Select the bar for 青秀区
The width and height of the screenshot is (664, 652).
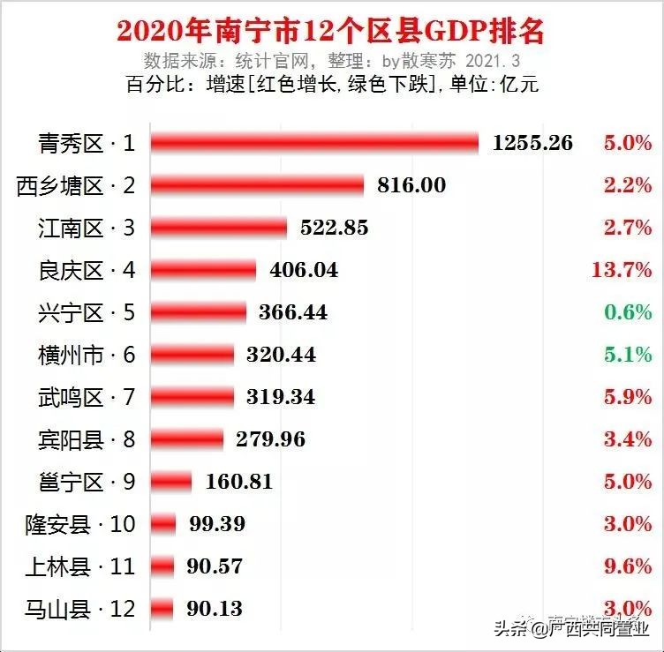(314, 143)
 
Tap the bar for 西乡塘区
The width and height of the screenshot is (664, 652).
(257, 185)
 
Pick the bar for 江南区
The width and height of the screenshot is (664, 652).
(219, 228)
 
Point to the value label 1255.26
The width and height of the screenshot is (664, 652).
(532, 143)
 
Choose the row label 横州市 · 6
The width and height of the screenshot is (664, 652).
(87, 355)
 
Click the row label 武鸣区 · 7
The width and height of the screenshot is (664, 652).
(87, 397)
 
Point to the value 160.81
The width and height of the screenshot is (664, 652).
(238, 482)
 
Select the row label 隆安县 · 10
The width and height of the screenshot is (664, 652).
(80, 524)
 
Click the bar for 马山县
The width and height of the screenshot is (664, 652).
(162, 608)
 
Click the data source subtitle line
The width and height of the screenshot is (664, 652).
(332, 61)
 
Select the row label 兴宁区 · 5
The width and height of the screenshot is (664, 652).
(87, 312)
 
